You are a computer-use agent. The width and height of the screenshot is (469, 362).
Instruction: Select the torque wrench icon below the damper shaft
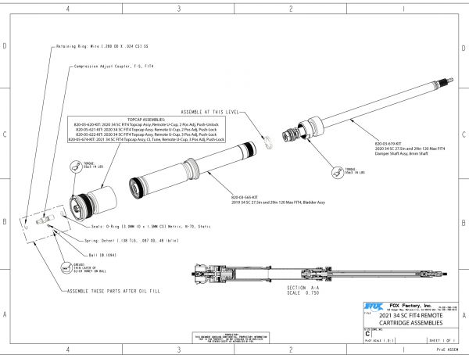337,170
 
